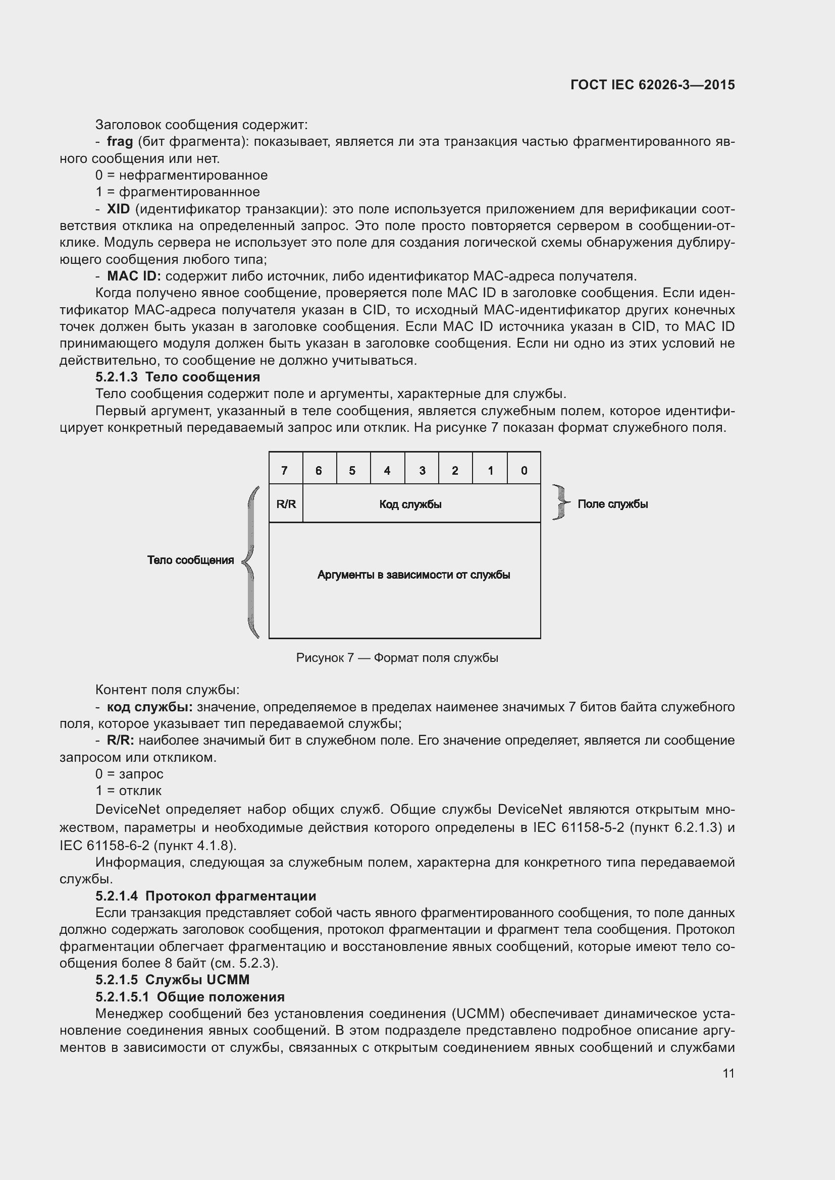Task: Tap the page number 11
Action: tap(728, 1073)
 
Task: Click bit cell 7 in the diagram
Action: tap(285, 470)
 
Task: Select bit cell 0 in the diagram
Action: tap(524, 470)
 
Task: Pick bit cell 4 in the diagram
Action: tap(387, 470)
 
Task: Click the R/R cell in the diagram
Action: tap(286, 504)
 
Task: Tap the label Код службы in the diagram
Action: tap(410, 504)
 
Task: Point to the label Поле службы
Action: tap(612, 504)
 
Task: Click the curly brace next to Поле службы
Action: tap(560, 502)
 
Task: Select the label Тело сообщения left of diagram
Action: tap(190, 560)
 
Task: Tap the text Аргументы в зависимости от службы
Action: tap(413, 575)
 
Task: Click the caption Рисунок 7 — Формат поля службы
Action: tap(397, 658)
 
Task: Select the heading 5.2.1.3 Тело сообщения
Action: tap(177, 377)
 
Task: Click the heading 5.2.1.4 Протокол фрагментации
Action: tap(205, 896)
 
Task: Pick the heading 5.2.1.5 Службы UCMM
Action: tap(172, 980)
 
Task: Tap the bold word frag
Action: tap(120, 141)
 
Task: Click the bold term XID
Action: tap(118, 209)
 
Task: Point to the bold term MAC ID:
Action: tap(134, 276)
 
